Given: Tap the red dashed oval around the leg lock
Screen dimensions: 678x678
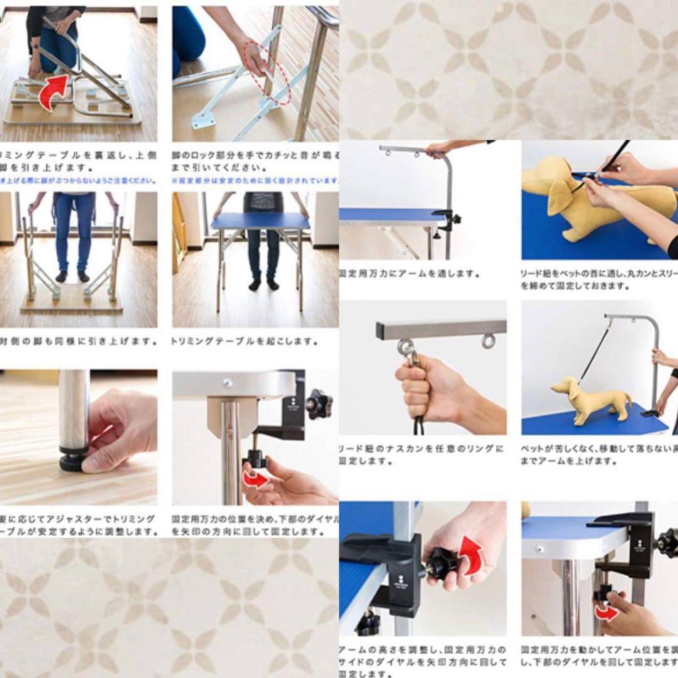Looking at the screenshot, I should pyautogui.click(x=267, y=73).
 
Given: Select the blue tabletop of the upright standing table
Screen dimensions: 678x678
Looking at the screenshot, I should pyautogui.click(x=260, y=221).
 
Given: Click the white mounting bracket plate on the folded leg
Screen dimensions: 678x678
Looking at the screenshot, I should pyautogui.click(x=203, y=119).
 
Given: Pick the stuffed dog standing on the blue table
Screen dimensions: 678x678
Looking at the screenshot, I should pyautogui.click(x=591, y=399).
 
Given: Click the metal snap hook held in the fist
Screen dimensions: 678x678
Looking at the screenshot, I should pyautogui.click(x=409, y=355).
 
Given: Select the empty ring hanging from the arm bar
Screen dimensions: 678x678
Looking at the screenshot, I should pyautogui.click(x=488, y=341).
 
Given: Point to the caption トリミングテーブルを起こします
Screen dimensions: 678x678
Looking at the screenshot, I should pyautogui.click(x=245, y=342).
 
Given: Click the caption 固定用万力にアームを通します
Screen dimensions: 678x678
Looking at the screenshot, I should pyautogui.click(x=409, y=274).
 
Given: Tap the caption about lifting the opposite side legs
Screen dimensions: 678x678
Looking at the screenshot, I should pyautogui.click(x=78, y=342).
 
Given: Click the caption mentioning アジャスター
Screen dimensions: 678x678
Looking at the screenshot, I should pyautogui.click(x=78, y=525).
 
